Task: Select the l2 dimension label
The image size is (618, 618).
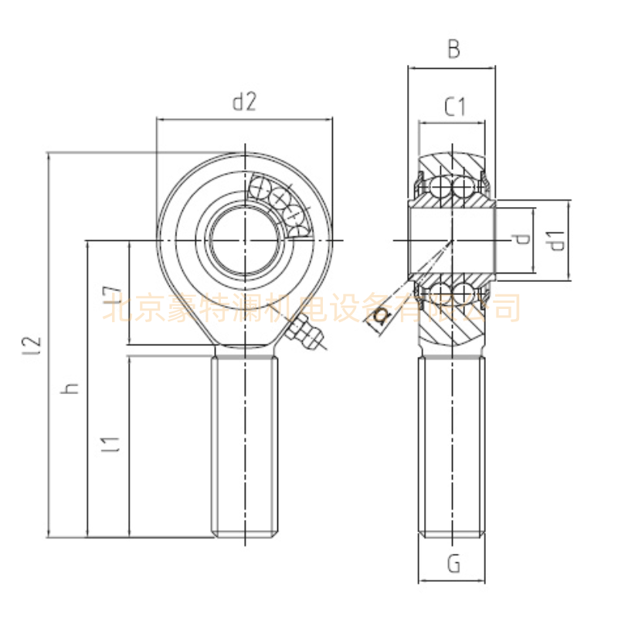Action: click(32, 345)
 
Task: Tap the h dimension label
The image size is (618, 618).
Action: click(72, 389)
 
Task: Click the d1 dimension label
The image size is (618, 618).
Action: click(558, 240)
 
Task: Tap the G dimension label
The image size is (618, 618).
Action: click(453, 565)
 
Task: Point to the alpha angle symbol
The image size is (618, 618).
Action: click(381, 316)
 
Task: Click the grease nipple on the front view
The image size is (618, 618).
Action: click(303, 335)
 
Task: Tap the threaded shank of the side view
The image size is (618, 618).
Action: click(452, 444)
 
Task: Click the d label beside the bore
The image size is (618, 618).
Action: click(524, 239)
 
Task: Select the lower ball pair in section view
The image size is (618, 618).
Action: click(452, 293)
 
